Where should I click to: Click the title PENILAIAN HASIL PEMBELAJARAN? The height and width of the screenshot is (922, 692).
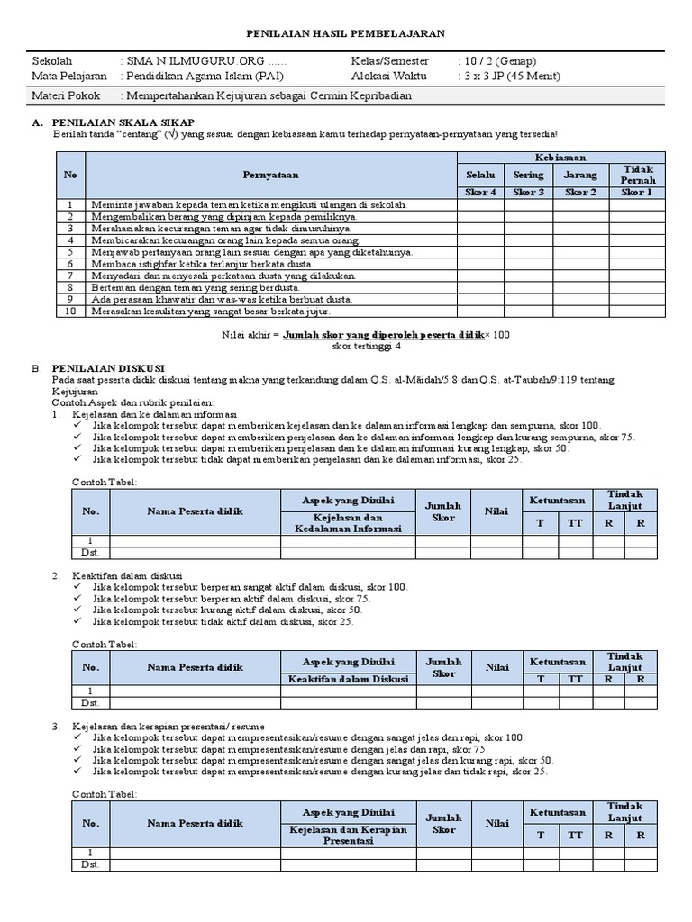pos(346,33)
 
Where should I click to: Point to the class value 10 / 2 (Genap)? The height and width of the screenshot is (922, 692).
pos(500,61)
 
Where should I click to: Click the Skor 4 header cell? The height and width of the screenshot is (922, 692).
pos(479,192)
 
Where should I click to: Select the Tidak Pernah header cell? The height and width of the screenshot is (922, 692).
pos(637,174)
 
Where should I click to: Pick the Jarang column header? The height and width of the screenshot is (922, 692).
pos(580,174)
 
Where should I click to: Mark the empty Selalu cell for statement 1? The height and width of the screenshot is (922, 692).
pos(479,204)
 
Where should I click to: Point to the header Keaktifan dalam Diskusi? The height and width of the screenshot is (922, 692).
pos(348,679)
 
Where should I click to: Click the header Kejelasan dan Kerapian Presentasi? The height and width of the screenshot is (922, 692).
pos(348,834)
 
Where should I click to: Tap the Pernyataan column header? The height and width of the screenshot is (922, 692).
pos(269,174)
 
